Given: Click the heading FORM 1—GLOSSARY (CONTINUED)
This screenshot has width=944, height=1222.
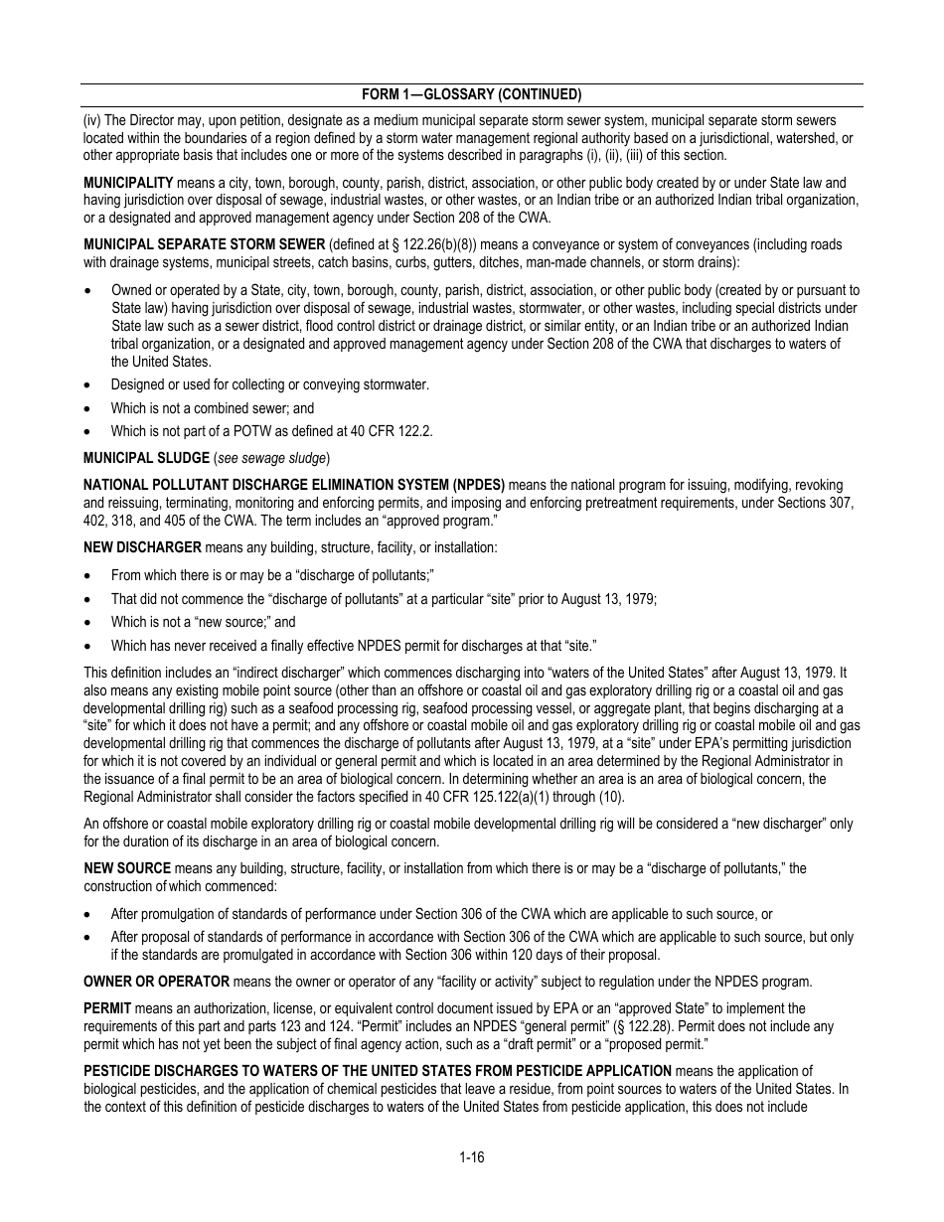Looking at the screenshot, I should point(471,94).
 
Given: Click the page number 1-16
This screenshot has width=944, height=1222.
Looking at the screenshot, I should point(471,1156).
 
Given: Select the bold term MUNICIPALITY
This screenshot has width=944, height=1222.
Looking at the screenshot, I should point(128,183).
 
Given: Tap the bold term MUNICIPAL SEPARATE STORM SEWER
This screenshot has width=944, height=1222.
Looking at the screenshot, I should point(204,245).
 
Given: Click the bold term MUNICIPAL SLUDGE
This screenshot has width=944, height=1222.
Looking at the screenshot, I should point(145,458).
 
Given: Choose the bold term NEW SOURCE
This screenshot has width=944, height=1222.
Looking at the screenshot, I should point(127,868).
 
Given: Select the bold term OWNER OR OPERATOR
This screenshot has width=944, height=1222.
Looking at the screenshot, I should point(156,982).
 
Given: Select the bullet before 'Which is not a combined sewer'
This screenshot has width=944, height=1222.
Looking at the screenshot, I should point(89,408).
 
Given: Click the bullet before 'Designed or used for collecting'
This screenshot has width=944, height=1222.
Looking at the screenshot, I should point(89,385).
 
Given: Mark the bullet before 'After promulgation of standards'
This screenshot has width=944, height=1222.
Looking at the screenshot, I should point(89,915).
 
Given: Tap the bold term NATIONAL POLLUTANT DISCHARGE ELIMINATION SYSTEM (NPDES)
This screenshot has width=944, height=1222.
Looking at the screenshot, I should point(294,485).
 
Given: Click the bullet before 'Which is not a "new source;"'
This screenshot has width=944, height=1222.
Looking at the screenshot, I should point(89,623).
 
